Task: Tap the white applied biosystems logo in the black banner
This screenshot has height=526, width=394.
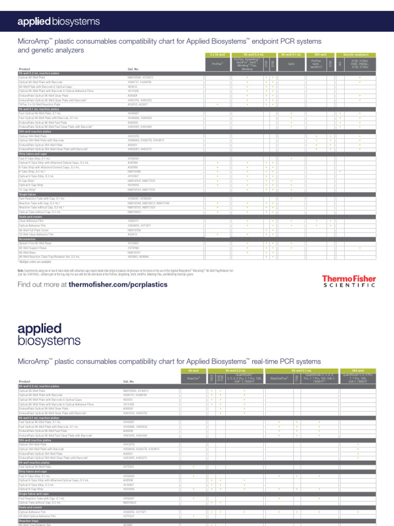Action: (x=58, y=21)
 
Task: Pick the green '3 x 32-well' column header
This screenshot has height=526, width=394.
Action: (x=217, y=54)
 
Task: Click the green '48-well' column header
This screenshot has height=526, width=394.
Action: (x=193, y=370)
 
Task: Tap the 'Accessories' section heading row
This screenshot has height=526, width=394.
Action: (x=28, y=239)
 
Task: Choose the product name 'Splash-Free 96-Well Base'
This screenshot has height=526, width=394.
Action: (x=35, y=243)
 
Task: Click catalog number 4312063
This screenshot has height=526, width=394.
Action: (x=133, y=243)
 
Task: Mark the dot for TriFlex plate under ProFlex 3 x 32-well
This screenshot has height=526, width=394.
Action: (x=217, y=105)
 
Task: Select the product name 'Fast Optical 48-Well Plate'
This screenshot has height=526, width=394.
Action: (x=35, y=466)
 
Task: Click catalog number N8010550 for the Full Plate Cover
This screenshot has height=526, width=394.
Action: (x=134, y=230)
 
